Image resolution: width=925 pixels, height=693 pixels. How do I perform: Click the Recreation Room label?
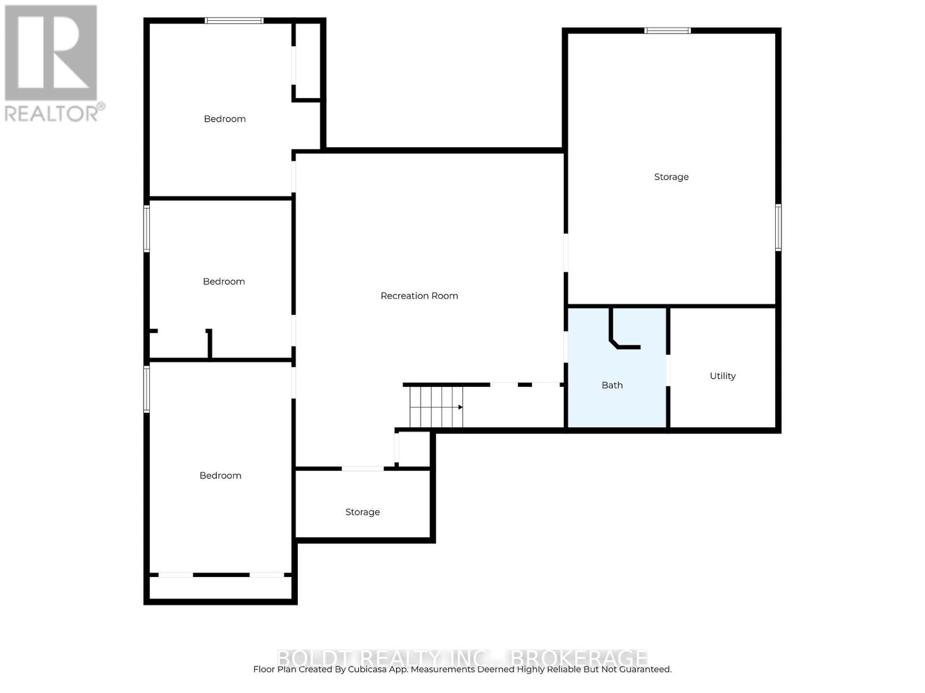419,296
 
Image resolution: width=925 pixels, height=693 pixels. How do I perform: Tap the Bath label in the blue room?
612,385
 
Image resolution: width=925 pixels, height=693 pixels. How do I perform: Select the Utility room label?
723,376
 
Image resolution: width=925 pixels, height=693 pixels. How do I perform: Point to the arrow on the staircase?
460,407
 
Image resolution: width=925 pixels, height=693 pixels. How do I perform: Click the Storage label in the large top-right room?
671,177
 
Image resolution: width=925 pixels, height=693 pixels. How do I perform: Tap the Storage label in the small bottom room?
362,512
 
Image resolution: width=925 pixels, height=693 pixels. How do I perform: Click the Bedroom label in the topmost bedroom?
225,119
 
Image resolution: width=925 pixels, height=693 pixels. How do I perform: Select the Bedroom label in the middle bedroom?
224,282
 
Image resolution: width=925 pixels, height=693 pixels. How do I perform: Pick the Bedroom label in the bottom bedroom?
220,476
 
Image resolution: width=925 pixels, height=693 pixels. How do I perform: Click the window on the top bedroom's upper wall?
234,21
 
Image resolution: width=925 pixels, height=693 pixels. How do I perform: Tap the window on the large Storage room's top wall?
668,31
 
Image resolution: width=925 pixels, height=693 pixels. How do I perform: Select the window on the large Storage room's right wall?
778,227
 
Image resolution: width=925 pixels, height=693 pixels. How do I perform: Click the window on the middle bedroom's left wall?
147,229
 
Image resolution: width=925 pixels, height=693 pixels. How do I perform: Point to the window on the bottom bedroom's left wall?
147,389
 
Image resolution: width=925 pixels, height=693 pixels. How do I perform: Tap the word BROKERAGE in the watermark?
580,658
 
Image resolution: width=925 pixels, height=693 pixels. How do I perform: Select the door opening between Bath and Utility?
668,370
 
